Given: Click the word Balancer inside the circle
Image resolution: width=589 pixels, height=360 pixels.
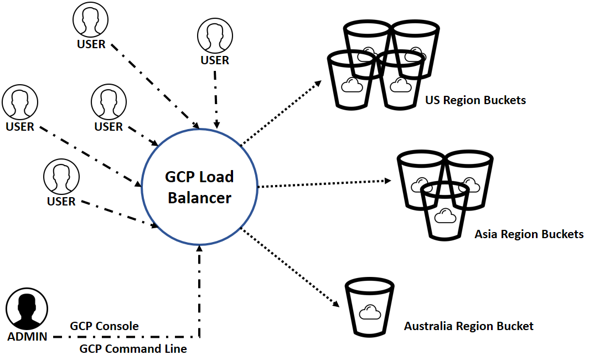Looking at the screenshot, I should (199, 198).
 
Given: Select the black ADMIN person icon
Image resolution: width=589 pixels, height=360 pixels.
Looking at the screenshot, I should (27, 311).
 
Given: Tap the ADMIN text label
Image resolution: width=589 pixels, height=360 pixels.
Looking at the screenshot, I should (27, 337).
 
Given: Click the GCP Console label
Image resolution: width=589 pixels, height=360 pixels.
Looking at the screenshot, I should (104, 326).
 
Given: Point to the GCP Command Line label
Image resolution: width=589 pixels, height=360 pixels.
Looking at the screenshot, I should (133, 349).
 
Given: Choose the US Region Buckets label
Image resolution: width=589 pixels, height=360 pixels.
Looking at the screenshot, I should (475, 101).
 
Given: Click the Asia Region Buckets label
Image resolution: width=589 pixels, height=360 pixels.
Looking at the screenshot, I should (529, 234).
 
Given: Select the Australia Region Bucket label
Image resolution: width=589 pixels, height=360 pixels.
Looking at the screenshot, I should (468, 326).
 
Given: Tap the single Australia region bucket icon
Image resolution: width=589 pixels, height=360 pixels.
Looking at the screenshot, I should (369, 308).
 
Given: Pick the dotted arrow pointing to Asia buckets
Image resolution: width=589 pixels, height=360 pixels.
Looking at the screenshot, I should (324, 183).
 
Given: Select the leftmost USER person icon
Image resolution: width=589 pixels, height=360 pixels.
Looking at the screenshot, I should (20, 103).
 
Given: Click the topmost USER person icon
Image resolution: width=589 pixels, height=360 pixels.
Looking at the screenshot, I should (91, 21).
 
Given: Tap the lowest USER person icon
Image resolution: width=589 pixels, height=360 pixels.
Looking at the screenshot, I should (61, 177).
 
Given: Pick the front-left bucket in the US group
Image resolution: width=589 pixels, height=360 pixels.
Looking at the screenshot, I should (352, 80).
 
